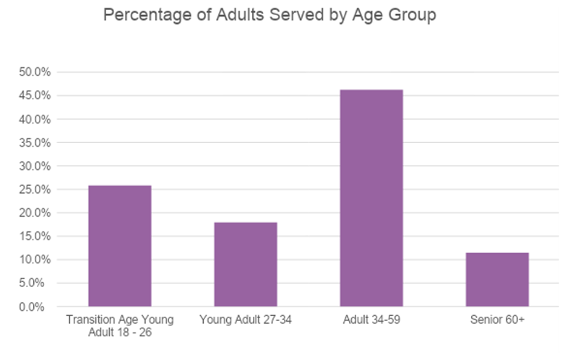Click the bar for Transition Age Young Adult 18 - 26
click(120, 246)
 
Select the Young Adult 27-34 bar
click(246, 264)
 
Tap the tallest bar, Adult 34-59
click(371, 197)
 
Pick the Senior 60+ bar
click(497, 279)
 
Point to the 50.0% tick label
click(35, 72)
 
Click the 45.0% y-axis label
click(35, 95)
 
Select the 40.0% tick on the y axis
click(35, 119)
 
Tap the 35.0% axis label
click(35, 142)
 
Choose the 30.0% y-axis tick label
click(35, 166)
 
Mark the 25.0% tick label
click(35, 189)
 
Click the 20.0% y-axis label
click(35, 213)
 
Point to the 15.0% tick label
click(35, 236)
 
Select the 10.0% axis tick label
click(35, 260)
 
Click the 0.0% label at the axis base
click(32, 307)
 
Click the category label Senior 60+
click(497, 320)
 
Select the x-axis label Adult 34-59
click(371, 320)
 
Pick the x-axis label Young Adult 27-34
click(246, 320)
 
